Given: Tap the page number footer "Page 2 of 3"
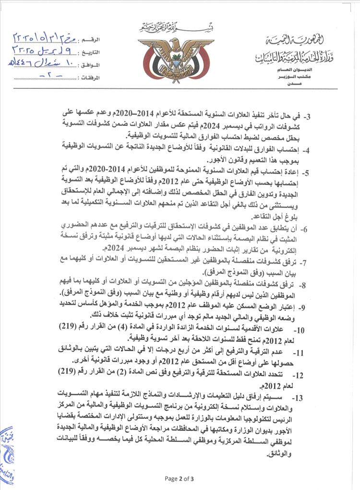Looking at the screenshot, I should [x=180, y=478].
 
